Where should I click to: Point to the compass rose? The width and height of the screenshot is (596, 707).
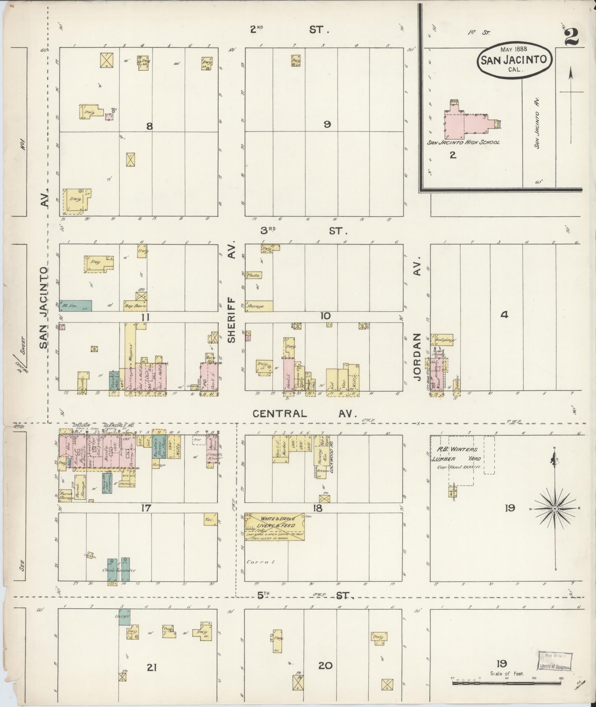[555, 509]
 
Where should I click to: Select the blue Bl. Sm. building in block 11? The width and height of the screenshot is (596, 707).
[75, 305]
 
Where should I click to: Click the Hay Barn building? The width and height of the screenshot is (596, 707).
[135, 306]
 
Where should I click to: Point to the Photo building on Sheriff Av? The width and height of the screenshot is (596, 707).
[254, 275]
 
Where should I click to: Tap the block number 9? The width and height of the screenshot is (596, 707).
[327, 125]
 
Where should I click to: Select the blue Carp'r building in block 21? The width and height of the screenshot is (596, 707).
[124, 617]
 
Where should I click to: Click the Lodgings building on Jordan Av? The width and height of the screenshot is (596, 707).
[442, 340]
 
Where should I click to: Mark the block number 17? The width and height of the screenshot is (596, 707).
[146, 509]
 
